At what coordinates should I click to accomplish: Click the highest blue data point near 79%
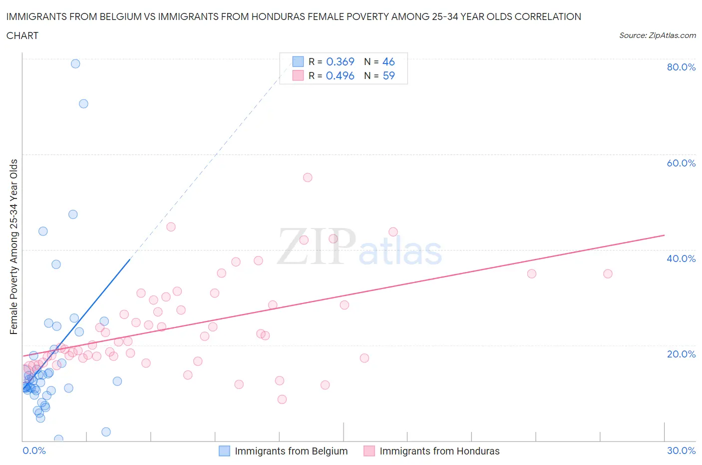75,63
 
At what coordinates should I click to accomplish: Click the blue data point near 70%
83,103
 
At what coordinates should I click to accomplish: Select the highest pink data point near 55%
308,177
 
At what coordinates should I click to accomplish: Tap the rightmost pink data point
608,273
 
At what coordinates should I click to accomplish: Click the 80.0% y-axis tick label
681,67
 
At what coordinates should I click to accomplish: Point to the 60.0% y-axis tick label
681,163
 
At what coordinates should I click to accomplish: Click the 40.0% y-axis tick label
681,258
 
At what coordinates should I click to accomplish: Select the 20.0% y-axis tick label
681,354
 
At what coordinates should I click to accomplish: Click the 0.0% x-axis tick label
34,450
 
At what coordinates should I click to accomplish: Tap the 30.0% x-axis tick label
681,450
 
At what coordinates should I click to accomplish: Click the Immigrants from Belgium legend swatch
225,451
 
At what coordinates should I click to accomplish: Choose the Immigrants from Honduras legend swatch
369,451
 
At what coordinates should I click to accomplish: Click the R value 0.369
340,61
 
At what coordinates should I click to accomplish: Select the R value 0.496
340,75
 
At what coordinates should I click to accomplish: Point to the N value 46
388,61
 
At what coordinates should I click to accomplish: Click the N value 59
388,75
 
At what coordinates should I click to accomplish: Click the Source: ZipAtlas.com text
657,35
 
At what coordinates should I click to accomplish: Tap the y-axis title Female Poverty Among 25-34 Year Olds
13,246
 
